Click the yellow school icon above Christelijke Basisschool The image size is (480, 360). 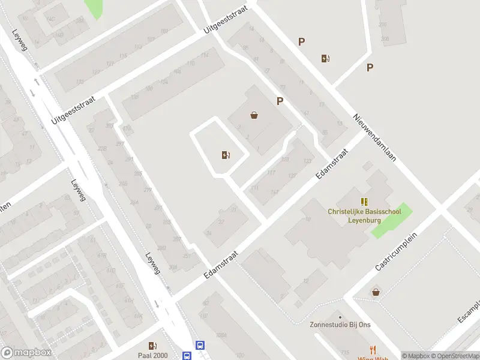pos(364,201)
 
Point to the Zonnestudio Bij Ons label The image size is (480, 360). pos(340,326)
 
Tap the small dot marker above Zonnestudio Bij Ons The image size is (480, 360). pos(340,317)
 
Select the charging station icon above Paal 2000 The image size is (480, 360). pos(153,345)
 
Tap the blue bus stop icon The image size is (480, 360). pos(200,345)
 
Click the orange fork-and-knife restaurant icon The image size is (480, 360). pos(373,349)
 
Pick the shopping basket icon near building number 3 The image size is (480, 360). pos(254,115)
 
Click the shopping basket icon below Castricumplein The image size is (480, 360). pos(376,292)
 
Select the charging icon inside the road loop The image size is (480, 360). pos(225,155)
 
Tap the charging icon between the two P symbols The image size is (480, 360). pos(325,58)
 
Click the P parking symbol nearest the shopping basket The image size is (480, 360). pos(280,101)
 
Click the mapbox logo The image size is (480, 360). pos(26,353)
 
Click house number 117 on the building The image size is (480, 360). pos(271,173)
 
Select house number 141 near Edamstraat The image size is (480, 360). pos(275,192)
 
